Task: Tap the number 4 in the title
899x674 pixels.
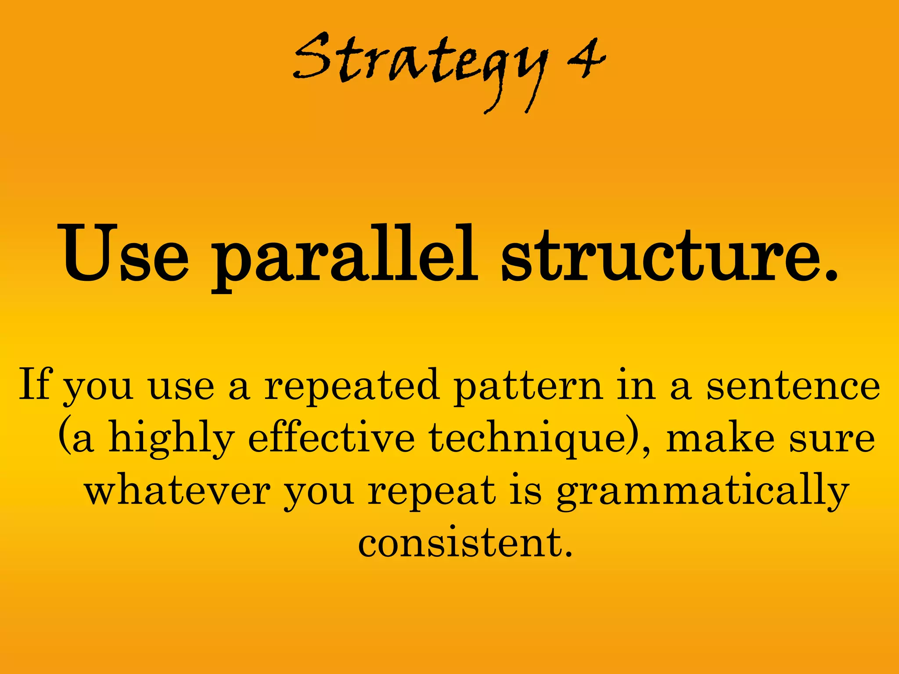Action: (x=586, y=59)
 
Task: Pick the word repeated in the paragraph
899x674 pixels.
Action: (x=352, y=386)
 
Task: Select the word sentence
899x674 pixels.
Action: (x=793, y=386)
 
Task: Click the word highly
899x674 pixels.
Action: (x=171, y=439)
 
